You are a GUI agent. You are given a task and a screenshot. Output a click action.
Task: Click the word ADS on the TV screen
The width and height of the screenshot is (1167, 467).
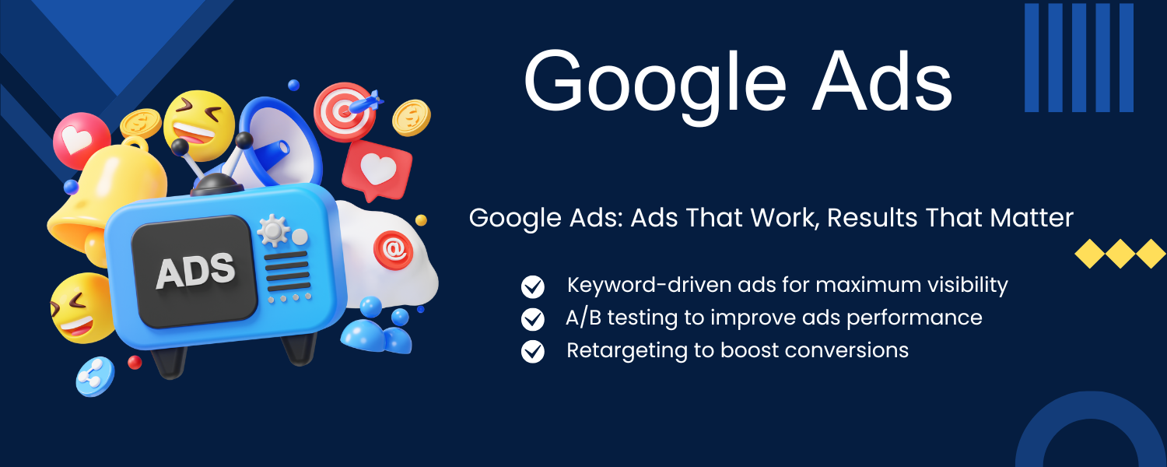195,271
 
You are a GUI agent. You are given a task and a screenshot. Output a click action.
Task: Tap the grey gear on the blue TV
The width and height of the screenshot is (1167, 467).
272,230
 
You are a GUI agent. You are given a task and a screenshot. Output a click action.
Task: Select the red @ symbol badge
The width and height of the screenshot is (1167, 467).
394,250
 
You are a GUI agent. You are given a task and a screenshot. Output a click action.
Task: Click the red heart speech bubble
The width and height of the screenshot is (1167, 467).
377,170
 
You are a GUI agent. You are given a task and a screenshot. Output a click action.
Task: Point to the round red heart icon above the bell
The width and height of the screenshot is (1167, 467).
81,140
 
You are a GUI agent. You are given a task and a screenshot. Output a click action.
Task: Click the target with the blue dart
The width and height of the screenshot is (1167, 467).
346,111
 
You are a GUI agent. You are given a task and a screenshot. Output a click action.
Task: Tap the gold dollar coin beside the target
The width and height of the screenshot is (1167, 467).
412,118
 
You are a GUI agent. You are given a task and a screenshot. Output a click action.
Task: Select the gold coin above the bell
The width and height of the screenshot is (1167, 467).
141,123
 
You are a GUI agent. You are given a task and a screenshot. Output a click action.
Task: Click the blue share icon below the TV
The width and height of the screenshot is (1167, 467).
95,376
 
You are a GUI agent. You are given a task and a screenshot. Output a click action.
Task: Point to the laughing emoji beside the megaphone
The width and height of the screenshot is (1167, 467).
199,125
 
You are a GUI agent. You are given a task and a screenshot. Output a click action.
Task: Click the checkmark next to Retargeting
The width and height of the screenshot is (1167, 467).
532,352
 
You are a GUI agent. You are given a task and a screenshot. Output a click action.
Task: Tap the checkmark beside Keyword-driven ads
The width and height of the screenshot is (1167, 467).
532,286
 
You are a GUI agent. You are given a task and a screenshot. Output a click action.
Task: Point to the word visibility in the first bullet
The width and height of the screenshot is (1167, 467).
967,286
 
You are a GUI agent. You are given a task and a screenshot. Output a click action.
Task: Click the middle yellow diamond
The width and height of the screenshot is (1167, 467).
1120,254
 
